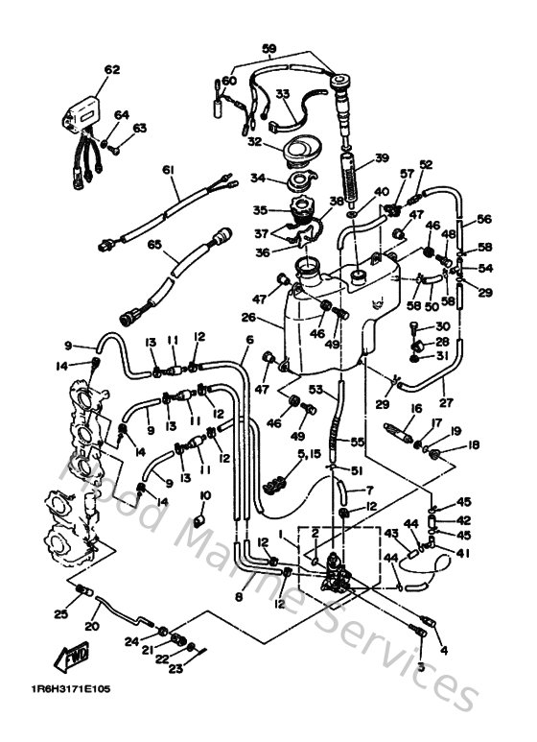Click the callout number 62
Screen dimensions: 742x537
pyautogui.click(x=112, y=69)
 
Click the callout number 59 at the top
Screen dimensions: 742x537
pyautogui.click(x=268, y=47)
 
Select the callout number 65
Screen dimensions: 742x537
pyautogui.click(x=153, y=245)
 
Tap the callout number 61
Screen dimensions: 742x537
pyautogui.click(x=169, y=170)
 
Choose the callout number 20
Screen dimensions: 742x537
pyautogui.click(x=92, y=625)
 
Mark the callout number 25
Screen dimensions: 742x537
pyautogui.click(x=59, y=613)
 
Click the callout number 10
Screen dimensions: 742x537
pyautogui.click(x=204, y=494)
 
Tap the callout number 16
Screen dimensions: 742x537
pyautogui.click(x=416, y=407)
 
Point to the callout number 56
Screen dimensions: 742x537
pyautogui.click(x=484, y=218)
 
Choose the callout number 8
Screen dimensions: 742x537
pyautogui.click(x=238, y=596)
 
